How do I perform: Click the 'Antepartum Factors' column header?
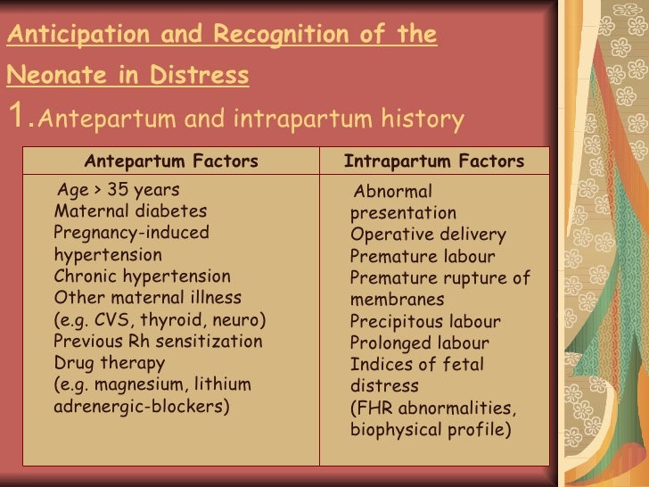170,161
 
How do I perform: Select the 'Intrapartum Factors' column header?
434,161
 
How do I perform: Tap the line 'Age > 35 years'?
118,190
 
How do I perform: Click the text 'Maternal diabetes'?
130,211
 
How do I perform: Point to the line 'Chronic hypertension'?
142,277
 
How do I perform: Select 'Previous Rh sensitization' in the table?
158,342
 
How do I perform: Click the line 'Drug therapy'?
110,363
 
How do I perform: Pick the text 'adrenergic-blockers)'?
142,407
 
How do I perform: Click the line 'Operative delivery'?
428,235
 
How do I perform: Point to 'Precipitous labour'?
425,322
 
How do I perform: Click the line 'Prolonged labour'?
420,343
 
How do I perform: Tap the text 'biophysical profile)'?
431,430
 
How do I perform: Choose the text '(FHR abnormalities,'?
433,409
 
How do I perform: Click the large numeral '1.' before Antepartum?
21,116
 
